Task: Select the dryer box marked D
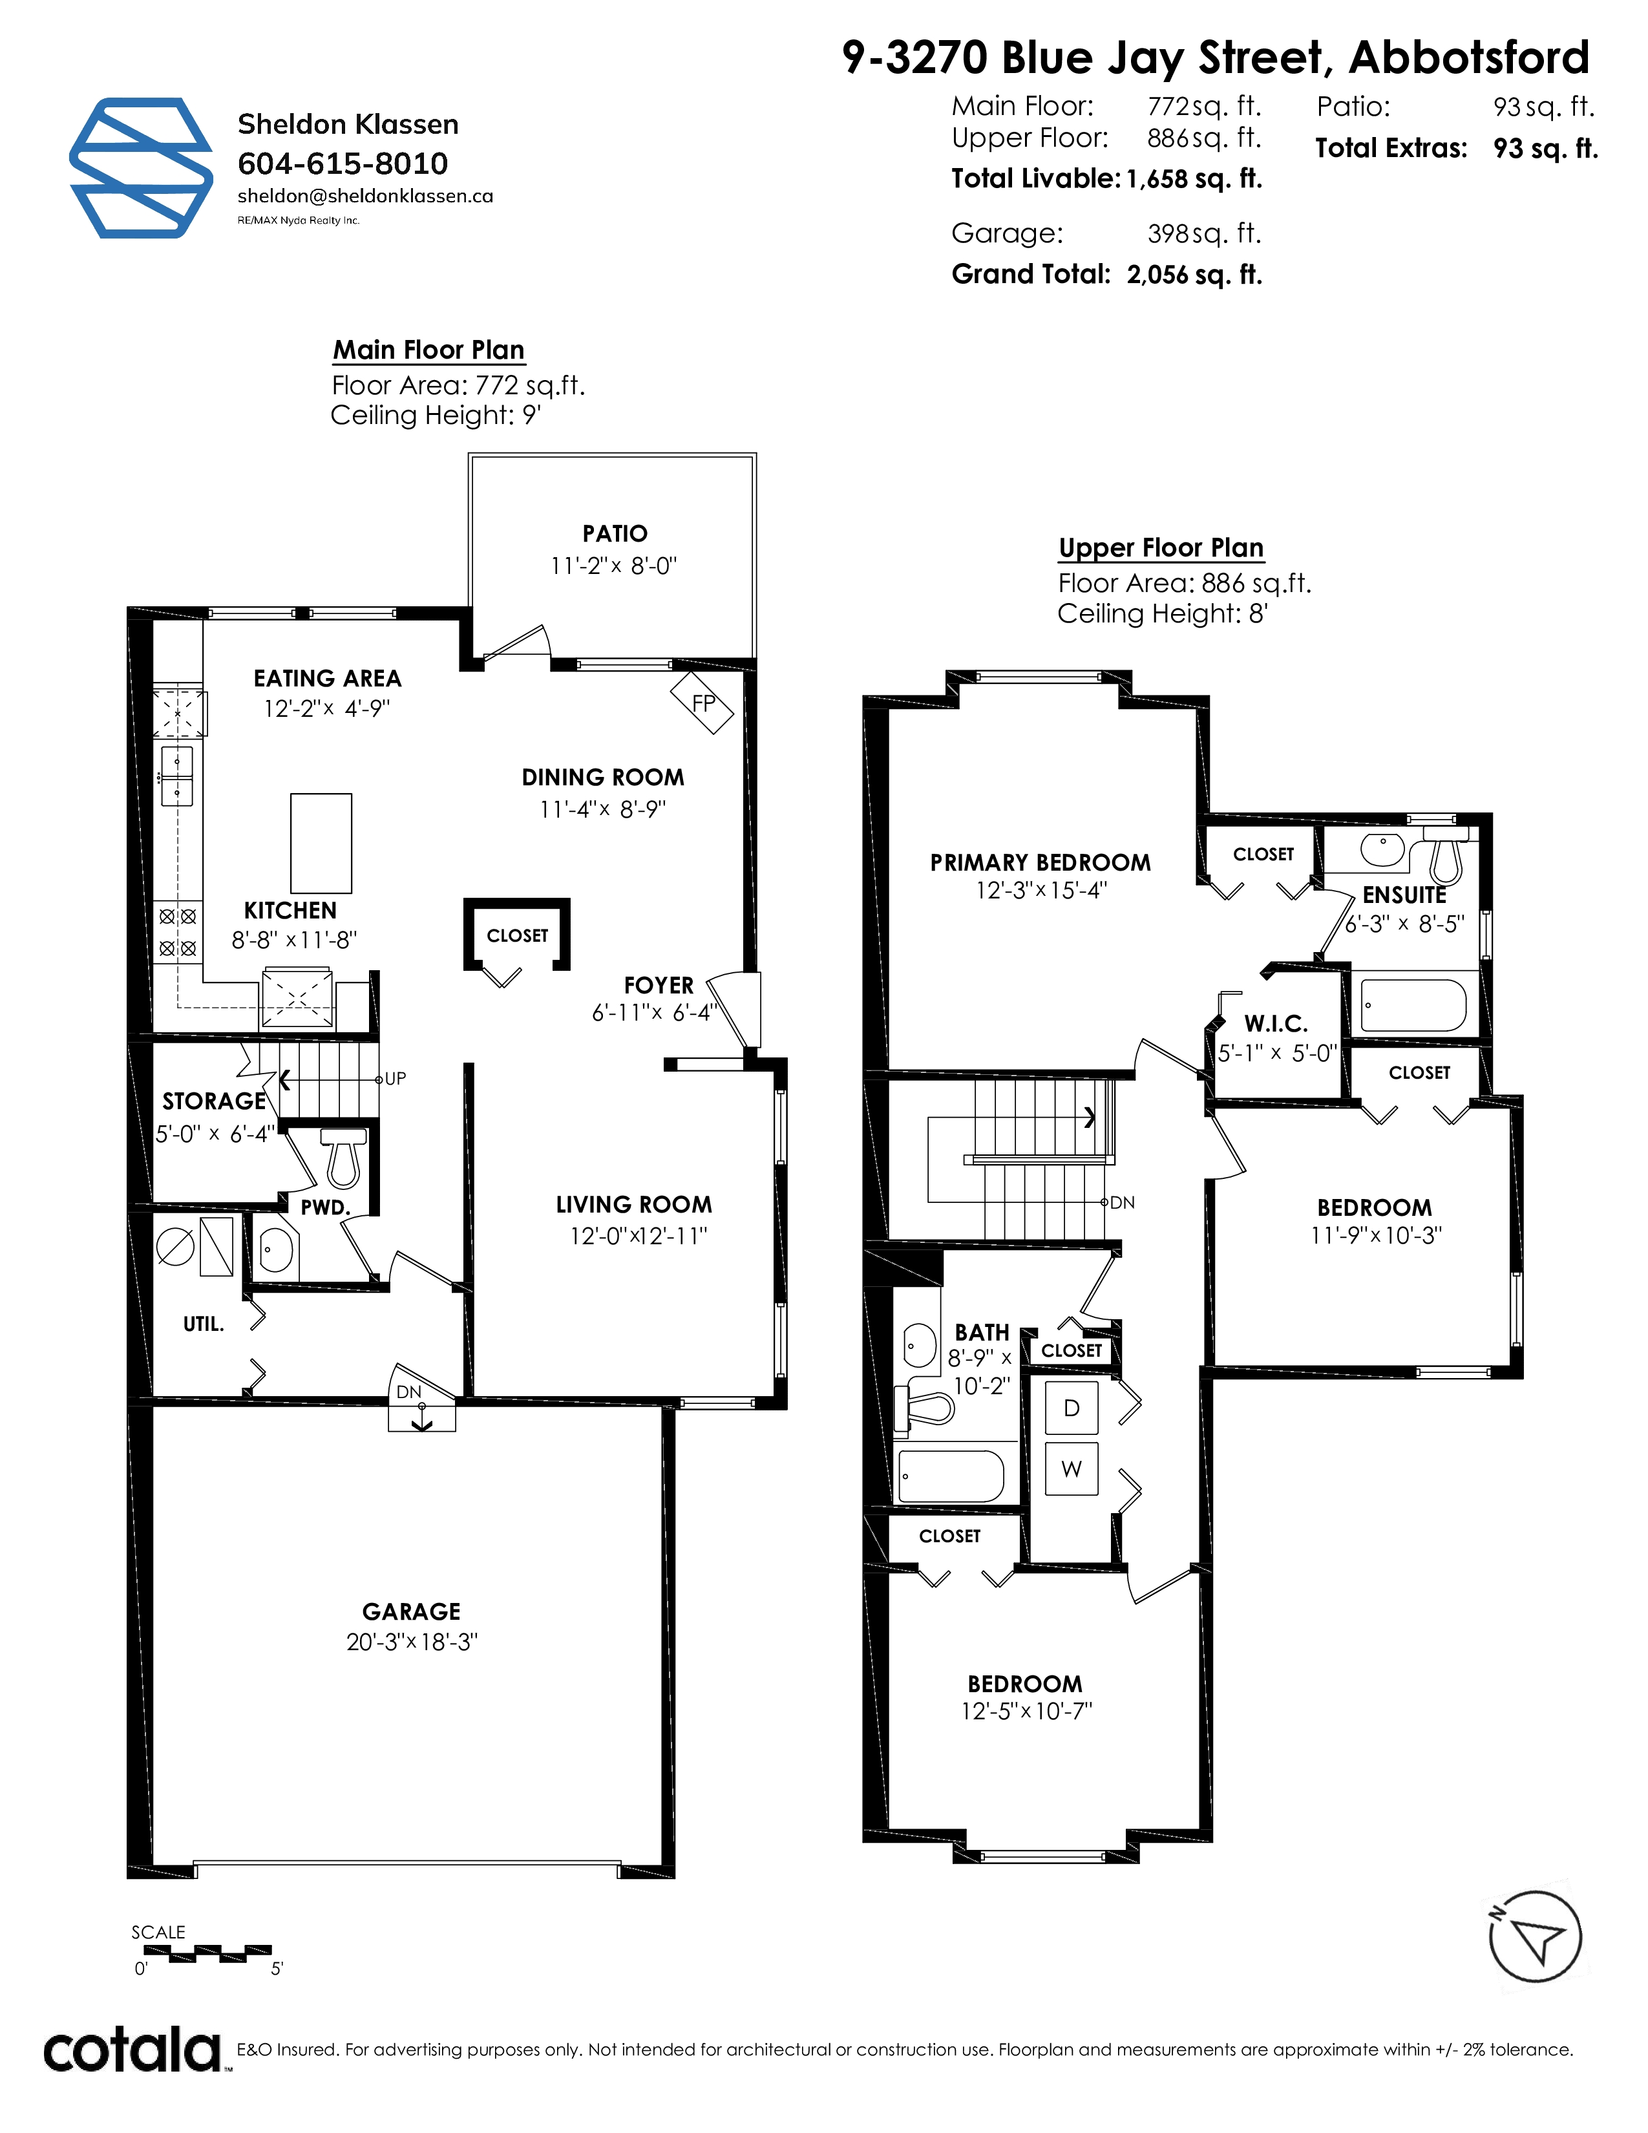click(x=1071, y=1407)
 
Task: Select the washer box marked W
click(x=1071, y=1469)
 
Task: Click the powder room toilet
click(x=344, y=1156)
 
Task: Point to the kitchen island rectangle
click(x=321, y=844)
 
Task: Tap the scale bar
click(x=207, y=1953)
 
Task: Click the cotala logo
click(x=134, y=2050)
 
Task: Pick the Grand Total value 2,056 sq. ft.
click(x=1194, y=275)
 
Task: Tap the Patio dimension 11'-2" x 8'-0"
click(x=614, y=566)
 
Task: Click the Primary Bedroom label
click(x=1041, y=862)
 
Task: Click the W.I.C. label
click(x=1276, y=1024)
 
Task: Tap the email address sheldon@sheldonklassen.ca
click(x=365, y=196)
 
